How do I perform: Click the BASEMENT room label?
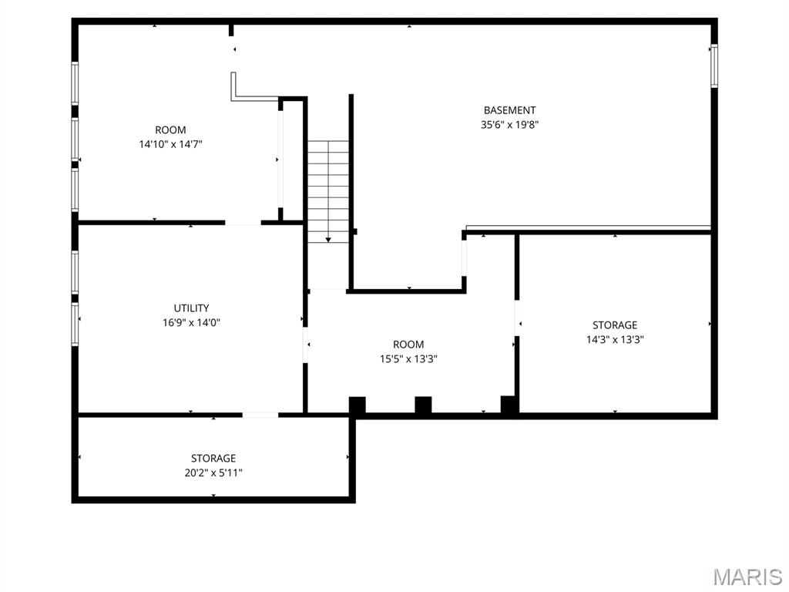(x=509, y=110)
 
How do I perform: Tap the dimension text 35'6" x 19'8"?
(x=510, y=125)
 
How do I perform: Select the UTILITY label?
(x=191, y=308)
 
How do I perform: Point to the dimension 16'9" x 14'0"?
(x=191, y=323)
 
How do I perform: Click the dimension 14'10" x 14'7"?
(x=170, y=144)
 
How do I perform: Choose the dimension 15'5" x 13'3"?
(x=408, y=359)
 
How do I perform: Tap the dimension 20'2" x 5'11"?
(x=213, y=473)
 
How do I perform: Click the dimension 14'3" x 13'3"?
(x=615, y=340)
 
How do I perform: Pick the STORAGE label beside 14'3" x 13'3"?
(x=615, y=325)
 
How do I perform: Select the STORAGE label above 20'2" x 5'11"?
(x=213, y=459)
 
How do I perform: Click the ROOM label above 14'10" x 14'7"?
(x=170, y=129)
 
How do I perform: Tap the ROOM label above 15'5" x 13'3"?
(x=408, y=345)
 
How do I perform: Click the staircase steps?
(x=328, y=191)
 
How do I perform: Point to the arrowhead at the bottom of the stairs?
(x=328, y=240)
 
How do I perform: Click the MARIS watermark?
(x=747, y=577)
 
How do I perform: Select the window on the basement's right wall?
(x=714, y=66)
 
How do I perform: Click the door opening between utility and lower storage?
(x=260, y=415)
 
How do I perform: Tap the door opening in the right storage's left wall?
(x=517, y=318)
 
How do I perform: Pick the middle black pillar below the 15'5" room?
(x=423, y=405)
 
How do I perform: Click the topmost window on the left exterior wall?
(x=75, y=83)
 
